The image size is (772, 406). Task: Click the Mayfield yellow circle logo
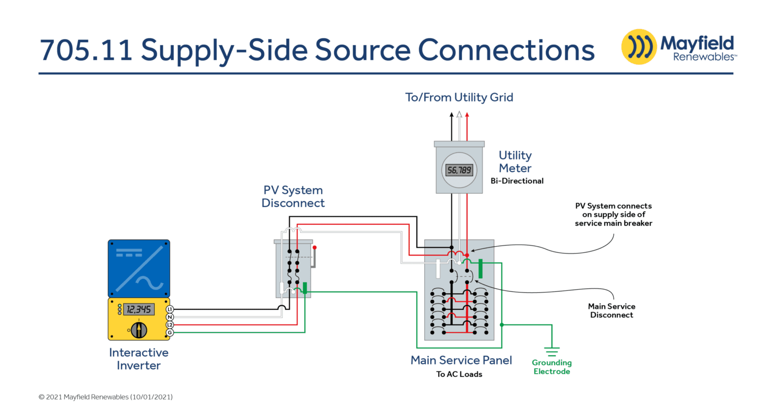coord(639,47)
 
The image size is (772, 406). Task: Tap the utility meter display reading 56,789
coord(459,171)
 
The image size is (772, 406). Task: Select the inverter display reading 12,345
coord(138,309)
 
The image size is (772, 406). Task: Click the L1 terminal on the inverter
coord(170,309)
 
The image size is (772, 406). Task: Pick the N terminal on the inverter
coord(170,317)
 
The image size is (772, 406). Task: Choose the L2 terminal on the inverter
coord(170,325)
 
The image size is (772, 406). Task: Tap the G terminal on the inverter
coord(170,333)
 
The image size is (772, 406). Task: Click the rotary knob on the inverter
coord(139,330)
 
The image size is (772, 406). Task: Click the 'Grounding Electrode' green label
coord(552,367)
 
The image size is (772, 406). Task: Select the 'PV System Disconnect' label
coord(293,197)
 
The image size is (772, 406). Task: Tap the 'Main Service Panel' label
coord(461,360)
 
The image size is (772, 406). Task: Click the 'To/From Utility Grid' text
coord(459,97)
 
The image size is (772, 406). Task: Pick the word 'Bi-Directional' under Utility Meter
coord(517,181)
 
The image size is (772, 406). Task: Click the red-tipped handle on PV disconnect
coord(315,248)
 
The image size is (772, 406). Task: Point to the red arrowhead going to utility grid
coord(467,115)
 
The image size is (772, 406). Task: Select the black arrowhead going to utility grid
coord(451,115)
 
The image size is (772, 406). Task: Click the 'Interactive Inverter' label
coord(139,359)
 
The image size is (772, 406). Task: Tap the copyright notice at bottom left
coord(106,397)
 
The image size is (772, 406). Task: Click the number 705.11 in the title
coord(86,50)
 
